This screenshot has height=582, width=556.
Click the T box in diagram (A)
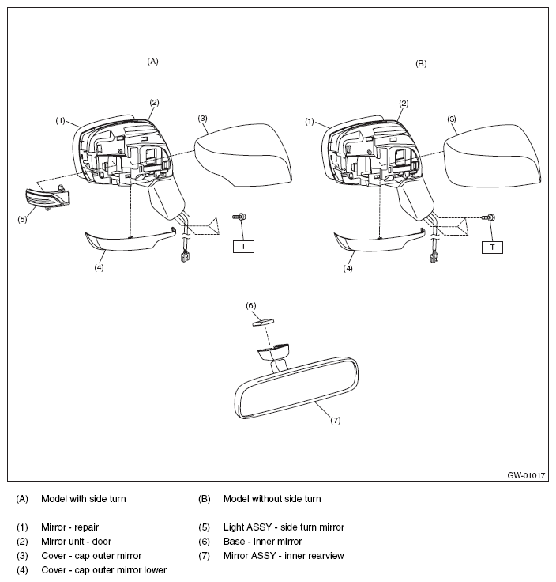(243, 247)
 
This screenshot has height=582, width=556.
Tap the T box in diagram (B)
(493, 247)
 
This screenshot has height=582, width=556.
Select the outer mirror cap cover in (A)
(240, 154)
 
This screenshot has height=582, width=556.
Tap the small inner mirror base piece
(262, 321)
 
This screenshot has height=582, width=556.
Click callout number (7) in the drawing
(335, 420)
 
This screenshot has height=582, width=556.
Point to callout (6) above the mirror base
(251, 305)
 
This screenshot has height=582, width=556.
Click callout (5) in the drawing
(22, 219)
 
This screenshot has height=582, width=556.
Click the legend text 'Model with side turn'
(83, 499)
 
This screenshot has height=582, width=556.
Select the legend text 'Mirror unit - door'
(76, 542)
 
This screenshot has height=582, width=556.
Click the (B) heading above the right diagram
(421, 62)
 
